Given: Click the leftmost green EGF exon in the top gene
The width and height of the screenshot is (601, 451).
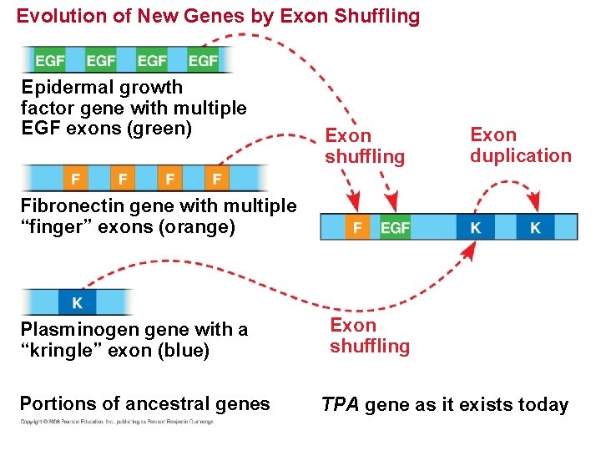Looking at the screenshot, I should point(50,60).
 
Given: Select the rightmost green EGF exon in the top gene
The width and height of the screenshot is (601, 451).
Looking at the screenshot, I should point(203,60).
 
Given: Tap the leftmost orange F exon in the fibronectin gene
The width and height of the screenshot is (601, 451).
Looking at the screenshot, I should point(76,178).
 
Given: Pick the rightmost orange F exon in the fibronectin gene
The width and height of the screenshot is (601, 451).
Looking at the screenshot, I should point(217,178).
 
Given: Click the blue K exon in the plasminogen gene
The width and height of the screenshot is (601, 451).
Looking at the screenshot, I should point(77,301).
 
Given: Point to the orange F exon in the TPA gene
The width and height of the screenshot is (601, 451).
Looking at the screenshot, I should point(357,227).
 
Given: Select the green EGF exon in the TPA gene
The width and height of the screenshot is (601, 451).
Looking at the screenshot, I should point(395,227).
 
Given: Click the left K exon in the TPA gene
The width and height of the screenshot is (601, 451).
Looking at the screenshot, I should point(475,227).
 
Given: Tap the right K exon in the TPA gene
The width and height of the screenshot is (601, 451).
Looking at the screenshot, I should point(535,227).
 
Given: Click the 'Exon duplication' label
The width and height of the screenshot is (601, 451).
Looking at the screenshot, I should point(520,145).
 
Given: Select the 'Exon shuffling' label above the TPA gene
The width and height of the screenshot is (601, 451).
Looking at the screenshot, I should point(365,146).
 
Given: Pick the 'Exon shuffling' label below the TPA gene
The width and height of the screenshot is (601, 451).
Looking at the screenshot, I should point(370,336).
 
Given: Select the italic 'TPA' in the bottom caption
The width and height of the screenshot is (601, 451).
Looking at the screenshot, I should point(341,406).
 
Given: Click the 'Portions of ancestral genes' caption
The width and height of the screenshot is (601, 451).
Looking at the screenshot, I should point(144,404).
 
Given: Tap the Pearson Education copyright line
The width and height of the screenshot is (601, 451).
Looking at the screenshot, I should point(117,422).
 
